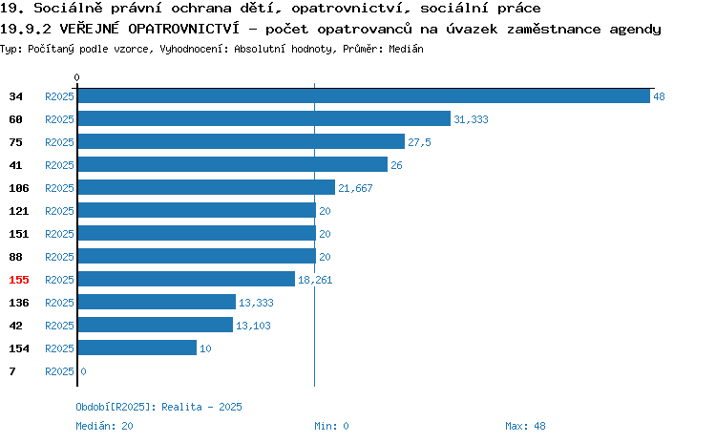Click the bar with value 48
tap(364, 95)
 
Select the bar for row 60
tap(264, 118)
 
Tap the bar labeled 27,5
tap(242, 141)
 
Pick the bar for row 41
tap(233, 164)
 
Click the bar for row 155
tap(186, 279)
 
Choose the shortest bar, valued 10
tap(137, 348)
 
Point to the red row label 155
tap(19, 280)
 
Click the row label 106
tap(19, 188)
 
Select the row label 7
tap(12, 371)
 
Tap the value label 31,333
tap(471, 119)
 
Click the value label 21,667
tap(355, 188)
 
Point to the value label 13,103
tap(253, 326)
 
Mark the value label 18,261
tap(315, 280)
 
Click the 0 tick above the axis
tap(76, 77)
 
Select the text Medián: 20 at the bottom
tap(105, 426)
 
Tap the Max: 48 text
tap(525, 426)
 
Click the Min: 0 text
tap(331, 426)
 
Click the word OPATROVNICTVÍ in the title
tap(183, 29)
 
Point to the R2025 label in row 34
tap(59, 96)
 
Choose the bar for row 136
tap(157, 302)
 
